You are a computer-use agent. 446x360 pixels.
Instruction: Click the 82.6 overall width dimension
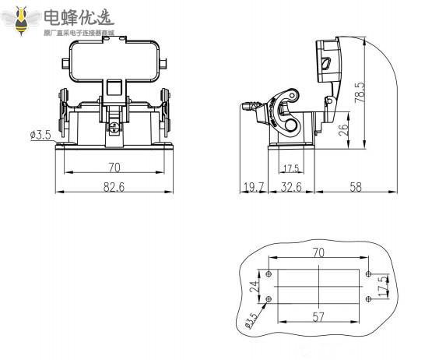(114, 187)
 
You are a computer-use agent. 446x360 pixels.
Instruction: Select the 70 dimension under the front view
(114, 166)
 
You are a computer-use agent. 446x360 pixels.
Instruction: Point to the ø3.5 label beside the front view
(40, 135)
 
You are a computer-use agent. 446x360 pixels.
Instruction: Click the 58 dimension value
(356, 187)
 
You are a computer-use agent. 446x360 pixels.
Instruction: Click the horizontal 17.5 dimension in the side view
(290, 168)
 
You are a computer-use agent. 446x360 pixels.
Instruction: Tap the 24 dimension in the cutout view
(253, 287)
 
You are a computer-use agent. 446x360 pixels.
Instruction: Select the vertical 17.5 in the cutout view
(381, 285)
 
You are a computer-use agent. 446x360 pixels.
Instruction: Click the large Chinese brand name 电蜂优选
(78, 17)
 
